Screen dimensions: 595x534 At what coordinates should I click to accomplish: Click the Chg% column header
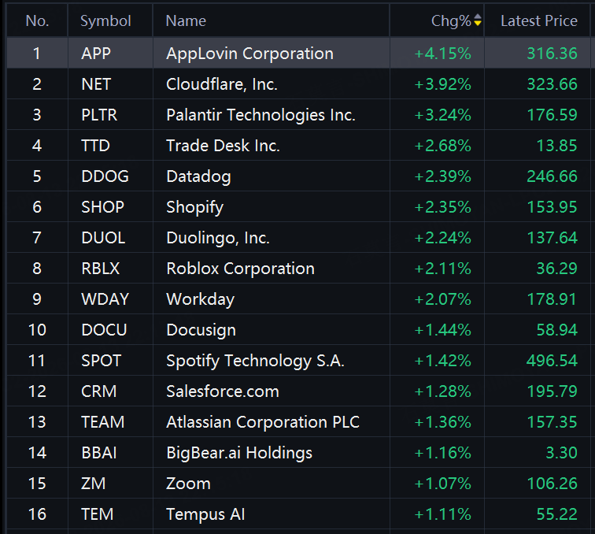451,21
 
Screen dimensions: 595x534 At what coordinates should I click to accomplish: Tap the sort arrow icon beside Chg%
478,20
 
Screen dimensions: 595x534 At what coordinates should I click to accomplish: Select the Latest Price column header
539,21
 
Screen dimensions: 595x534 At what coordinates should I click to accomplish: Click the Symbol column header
105,21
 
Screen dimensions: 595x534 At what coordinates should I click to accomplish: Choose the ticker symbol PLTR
99,115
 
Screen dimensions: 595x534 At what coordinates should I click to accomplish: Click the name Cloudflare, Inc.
222,84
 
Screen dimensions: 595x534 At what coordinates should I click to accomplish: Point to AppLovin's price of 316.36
552,54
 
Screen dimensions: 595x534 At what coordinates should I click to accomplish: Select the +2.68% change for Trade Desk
443,146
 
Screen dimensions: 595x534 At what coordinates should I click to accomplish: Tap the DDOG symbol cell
105,176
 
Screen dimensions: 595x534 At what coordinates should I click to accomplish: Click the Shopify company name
194,207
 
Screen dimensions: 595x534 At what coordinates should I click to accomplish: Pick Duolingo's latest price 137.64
552,238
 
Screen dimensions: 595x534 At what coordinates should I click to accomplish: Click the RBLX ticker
100,269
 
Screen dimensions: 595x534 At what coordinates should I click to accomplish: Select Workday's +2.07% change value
443,299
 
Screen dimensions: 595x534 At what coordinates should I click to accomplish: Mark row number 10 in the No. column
37,330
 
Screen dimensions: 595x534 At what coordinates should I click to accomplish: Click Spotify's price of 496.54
552,361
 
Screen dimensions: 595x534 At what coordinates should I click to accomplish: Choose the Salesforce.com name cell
223,391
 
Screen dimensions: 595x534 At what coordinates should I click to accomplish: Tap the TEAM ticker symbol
103,422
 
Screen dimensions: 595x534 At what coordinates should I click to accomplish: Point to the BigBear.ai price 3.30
562,453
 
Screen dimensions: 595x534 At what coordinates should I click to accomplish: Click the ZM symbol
94,484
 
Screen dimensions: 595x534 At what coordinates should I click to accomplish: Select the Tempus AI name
205,514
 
